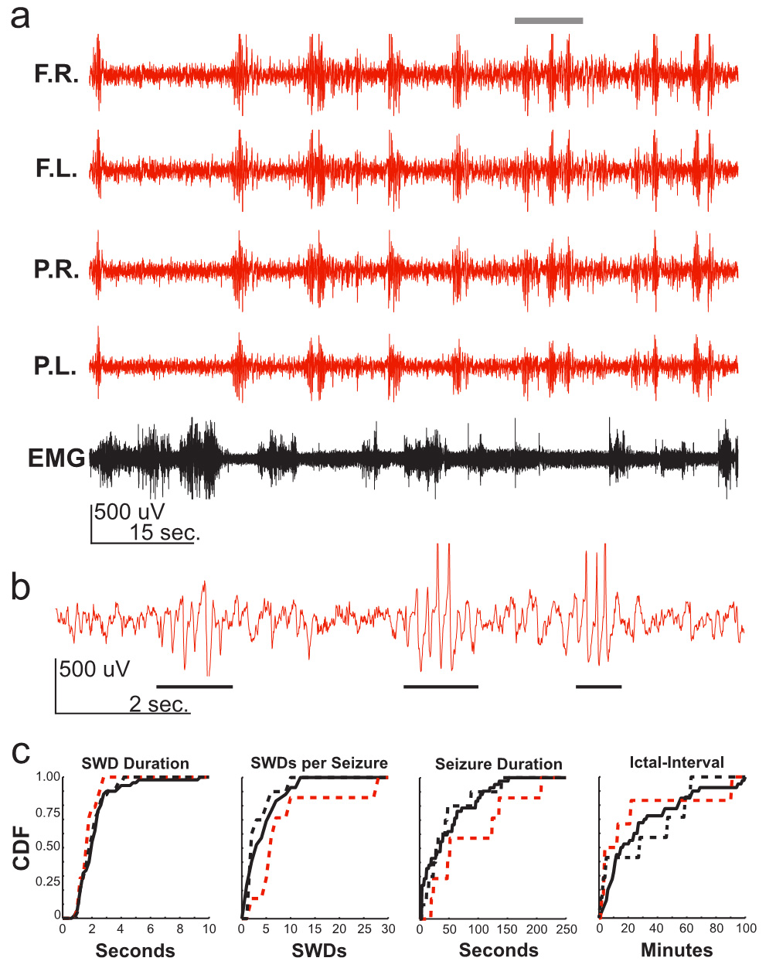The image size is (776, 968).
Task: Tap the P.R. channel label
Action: pos(56,269)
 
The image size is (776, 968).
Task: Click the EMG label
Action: pos(56,458)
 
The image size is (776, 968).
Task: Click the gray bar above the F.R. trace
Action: pos(549,21)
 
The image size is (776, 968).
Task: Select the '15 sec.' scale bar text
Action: pos(164,532)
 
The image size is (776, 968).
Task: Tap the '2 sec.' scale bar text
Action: pos(158,704)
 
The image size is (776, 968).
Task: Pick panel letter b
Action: pos(21,588)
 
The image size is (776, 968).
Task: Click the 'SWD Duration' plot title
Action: pos(135,764)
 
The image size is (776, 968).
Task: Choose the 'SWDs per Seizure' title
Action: pos(319,764)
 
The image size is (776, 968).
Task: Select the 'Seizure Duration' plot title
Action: pos(499,765)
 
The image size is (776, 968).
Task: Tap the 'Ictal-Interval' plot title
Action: pos(677,763)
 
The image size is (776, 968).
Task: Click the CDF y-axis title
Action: pos(22,847)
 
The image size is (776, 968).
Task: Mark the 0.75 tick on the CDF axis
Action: pos(48,812)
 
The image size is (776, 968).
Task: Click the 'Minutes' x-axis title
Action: pos(677,950)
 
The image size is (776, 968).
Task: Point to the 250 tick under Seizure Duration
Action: pos(567,929)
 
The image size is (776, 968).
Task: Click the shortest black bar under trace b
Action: pos(598,686)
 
